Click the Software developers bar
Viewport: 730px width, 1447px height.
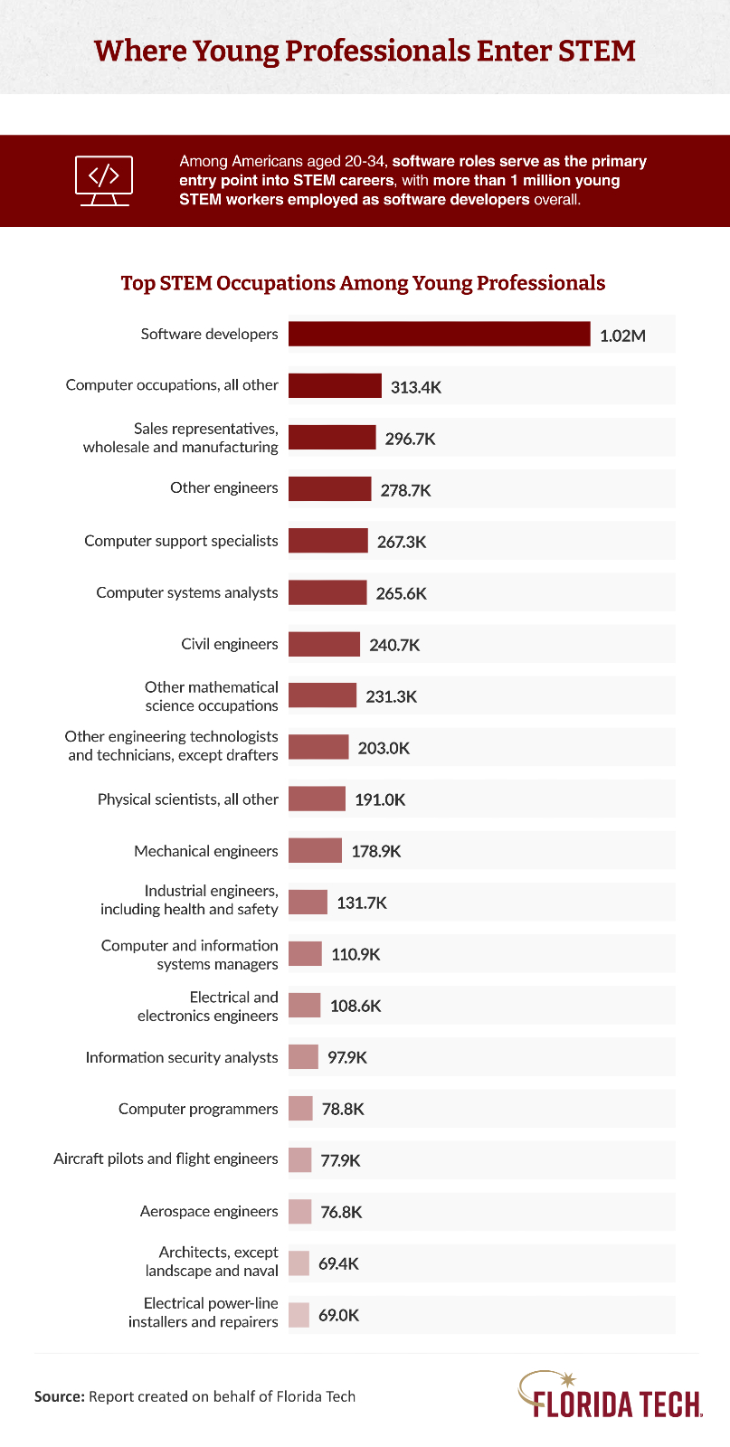click(439, 334)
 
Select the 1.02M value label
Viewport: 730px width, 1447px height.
click(622, 336)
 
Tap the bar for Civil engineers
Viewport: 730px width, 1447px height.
click(324, 644)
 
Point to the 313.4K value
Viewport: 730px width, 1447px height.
click(416, 387)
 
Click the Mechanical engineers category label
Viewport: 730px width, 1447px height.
click(206, 851)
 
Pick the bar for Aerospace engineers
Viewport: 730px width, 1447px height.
click(300, 1211)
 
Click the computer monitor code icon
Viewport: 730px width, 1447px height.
click(104, 180)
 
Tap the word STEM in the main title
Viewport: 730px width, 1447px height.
click(596, 50)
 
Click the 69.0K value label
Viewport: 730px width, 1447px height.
click(338, 1315)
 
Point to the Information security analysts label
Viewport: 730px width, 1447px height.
click(182, 1057)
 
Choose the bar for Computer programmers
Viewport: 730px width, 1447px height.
click(300, 1108)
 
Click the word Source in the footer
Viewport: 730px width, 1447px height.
click(59, 1396)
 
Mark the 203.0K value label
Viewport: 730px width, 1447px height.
click(384, 748)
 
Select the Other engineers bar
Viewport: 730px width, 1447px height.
click(329, 488)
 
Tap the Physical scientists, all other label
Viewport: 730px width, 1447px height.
click(188, 799)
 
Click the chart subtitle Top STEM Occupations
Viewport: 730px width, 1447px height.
click(364, 283)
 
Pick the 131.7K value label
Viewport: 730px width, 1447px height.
click(362, 903)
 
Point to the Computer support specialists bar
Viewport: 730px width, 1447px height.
click(327, 541)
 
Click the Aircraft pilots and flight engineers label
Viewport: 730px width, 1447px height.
click(166, 1159)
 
